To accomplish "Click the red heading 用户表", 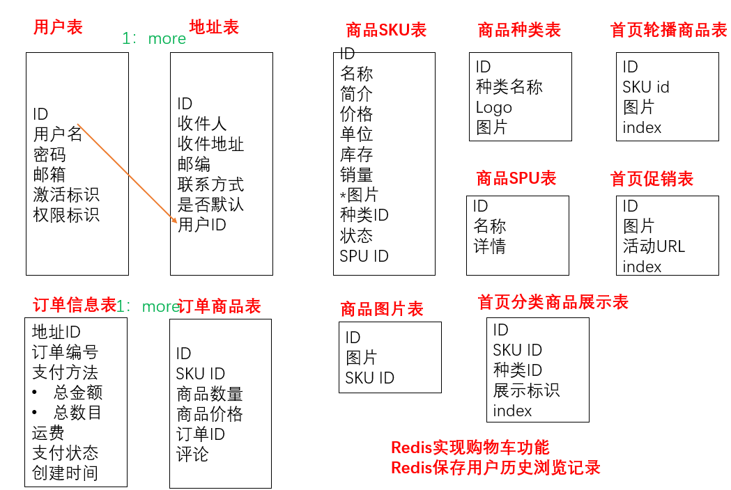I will click(58, 27).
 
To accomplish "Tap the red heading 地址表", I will click(214, 27).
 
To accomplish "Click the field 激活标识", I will click(66, 194).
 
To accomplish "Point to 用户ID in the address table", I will click(202, 225).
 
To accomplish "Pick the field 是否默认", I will click(210, 205).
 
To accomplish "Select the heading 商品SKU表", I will click(386, 30).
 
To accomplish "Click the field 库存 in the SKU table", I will click(356, 155).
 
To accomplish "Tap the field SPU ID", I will click(364, 255).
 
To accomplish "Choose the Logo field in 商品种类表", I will click(493, 107).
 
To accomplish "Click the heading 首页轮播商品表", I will click(668, 30).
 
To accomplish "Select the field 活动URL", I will click(654, 246).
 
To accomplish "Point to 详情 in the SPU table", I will click(489, 246).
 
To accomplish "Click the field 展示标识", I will click(526, 390).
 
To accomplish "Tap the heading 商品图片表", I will click(382, 309).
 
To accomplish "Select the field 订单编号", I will click(66, 352).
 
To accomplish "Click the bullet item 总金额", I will click(78, 393).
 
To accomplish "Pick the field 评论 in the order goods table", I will click(192, 455).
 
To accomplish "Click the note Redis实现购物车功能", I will click(470, 448).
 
